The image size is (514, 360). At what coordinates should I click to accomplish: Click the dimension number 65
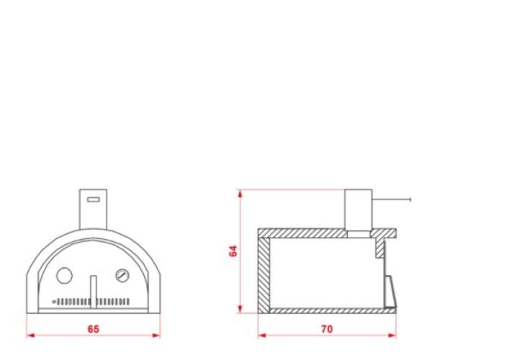pos(93,329)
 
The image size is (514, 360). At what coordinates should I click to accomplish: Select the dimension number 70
pos(327,329)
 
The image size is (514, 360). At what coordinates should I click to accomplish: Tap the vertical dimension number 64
pos(233,251)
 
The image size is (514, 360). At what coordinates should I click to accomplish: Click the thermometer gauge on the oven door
pos(122,276)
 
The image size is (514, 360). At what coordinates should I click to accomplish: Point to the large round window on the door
pos(65,276)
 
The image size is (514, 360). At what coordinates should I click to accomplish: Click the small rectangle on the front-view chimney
pos(94,199)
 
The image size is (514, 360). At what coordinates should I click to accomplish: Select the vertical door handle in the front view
pos(94,292)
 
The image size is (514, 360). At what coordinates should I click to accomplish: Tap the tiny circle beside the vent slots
pos(54,302)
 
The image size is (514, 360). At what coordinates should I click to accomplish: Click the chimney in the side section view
pos(359,210)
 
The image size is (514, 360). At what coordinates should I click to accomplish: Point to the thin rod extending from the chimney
pos(392,199)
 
